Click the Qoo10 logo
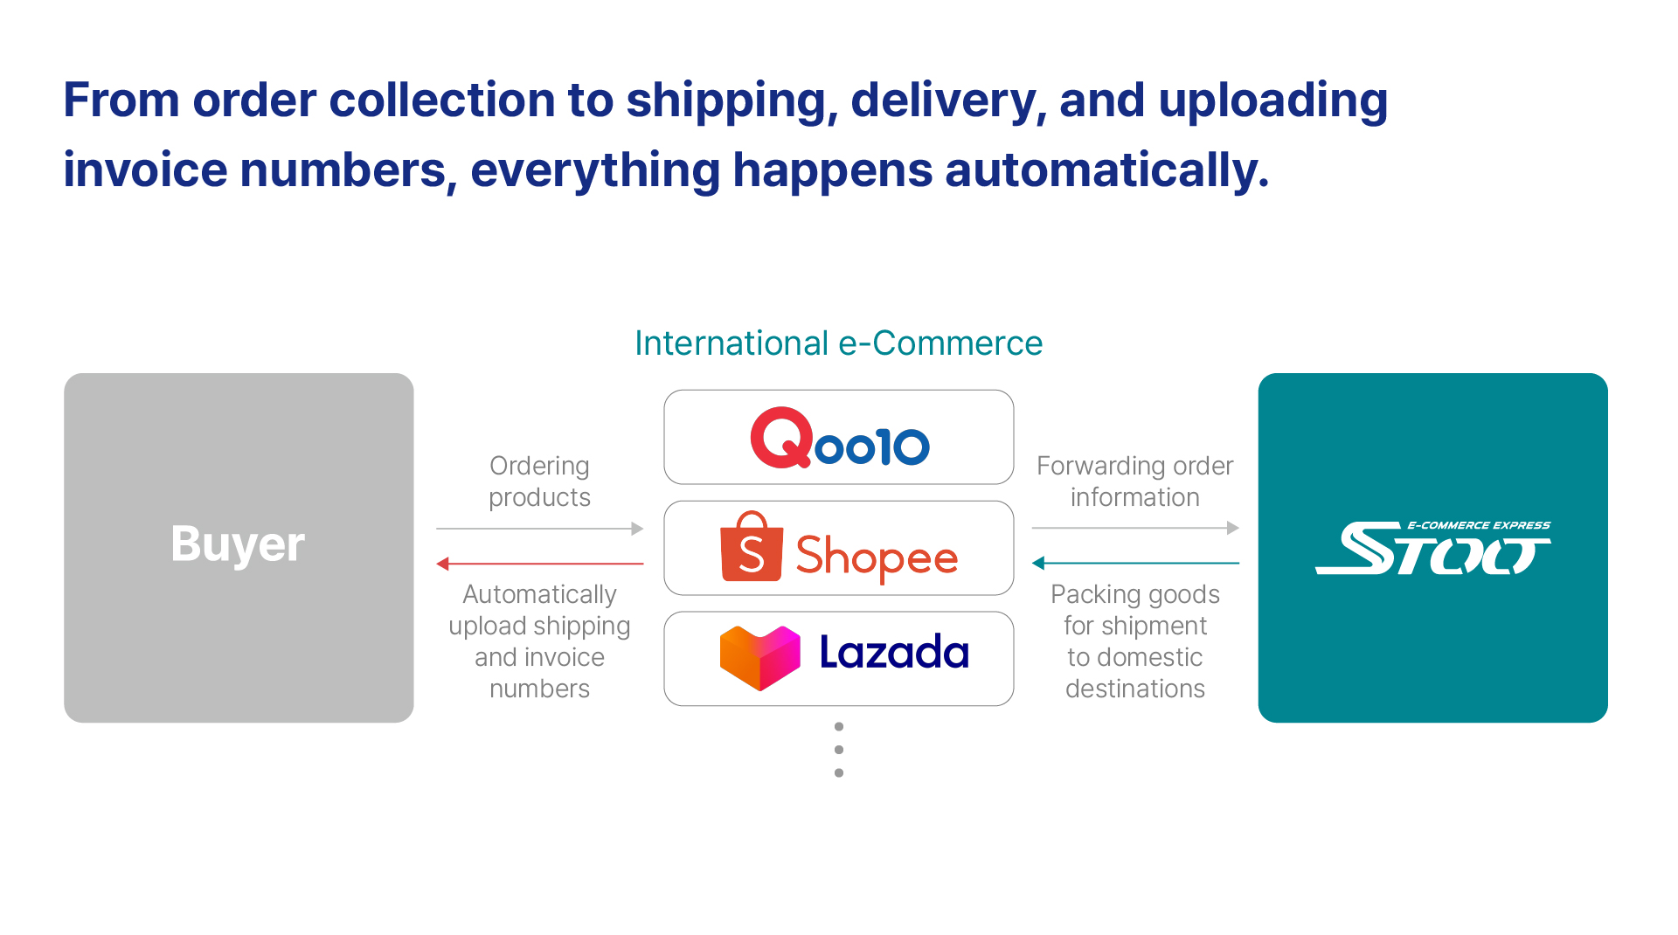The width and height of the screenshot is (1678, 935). tap(839, 438)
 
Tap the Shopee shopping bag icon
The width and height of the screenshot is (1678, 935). tap(751, 547)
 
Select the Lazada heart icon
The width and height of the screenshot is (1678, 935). tap(759, 657)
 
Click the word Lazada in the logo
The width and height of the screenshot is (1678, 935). tap(894, 652)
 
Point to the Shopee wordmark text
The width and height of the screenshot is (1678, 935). tap(877, 557)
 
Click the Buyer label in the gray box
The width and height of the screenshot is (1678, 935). tap(238, 544)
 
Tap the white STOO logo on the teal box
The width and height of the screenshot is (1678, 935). tap(1433, 548)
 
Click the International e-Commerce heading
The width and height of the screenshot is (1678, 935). tap(838, 343)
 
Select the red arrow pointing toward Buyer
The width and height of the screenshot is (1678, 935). tap(540, 564)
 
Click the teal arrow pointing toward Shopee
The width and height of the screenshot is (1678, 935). tap(1135, 563)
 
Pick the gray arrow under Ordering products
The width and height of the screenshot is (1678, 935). tap(540, 529)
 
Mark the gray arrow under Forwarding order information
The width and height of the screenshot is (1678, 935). tap(1135, 528)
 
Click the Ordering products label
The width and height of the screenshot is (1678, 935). tap(539, 481)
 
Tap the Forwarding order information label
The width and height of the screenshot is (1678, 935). tap(1135, 481)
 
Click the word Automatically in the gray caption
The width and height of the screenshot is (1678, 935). tap(539, 594)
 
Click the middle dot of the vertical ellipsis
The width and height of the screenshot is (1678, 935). tap(839, 750)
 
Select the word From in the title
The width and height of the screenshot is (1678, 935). tap(121, 100)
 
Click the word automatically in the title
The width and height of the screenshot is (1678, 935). tap(1107, 170)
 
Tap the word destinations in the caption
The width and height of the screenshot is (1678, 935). tap(1135, 689)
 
